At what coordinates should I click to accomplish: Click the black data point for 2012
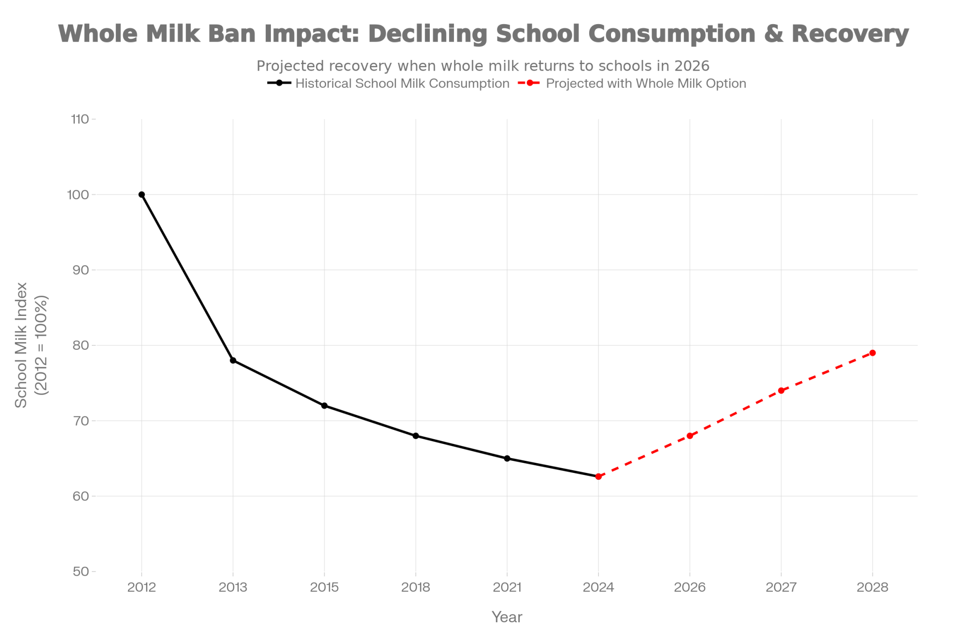142,195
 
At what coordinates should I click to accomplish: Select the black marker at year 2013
233,360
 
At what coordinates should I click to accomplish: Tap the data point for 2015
324,406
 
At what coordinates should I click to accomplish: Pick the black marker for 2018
416,436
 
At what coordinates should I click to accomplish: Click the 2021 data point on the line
507,458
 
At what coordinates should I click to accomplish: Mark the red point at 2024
598,476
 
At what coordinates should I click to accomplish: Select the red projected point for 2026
690,436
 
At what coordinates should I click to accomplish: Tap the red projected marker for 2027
781,390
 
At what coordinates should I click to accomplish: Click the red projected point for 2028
872,353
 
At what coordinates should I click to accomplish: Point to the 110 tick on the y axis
81,119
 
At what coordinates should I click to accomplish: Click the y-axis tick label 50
81,572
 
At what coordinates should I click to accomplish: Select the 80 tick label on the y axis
81,345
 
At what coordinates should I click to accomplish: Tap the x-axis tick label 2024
598,587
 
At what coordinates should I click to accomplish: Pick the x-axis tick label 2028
872,587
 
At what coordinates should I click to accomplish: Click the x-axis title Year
507,617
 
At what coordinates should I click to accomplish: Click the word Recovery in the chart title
850,34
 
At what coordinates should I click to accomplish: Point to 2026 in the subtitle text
692,66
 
